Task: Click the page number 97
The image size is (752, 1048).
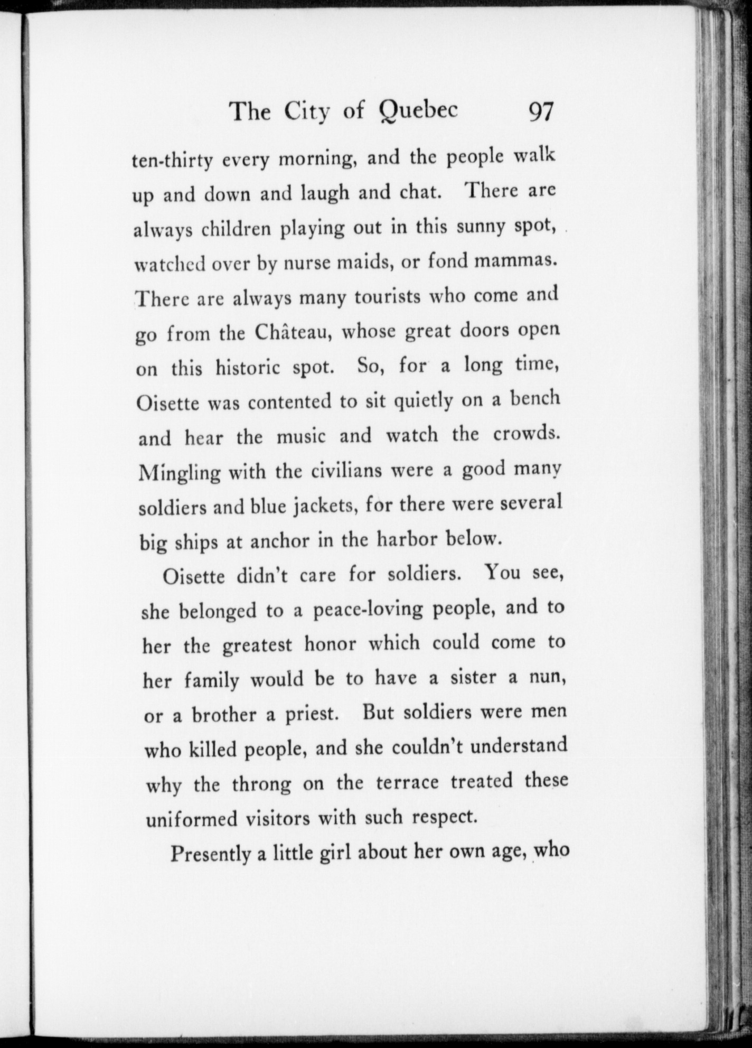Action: point(539,112)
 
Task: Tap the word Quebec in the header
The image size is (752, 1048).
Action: point(418,111)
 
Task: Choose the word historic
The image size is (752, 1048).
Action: point(247,367)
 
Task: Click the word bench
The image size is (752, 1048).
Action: point(533,399)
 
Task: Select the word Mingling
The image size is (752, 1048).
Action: point(180,472)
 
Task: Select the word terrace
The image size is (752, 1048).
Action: point(407,782)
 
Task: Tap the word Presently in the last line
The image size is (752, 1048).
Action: point(210,853)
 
